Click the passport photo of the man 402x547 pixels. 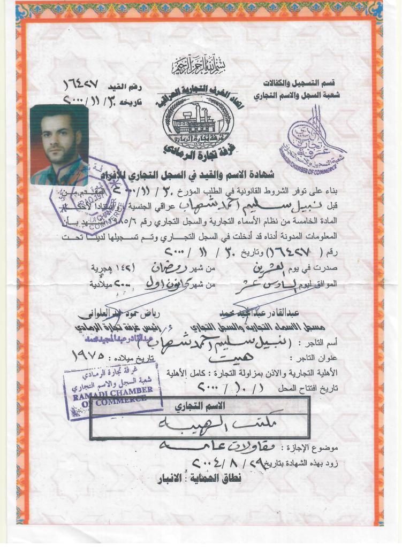click(x=59, y=144)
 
